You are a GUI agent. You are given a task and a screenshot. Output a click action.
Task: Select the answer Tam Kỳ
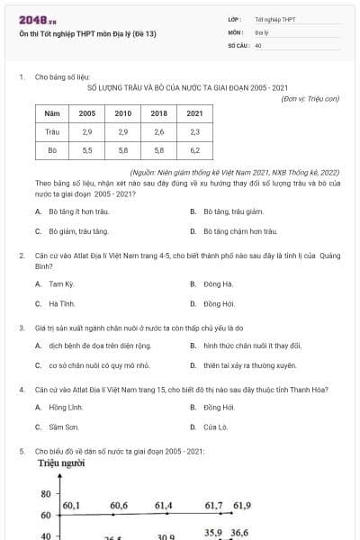click(61, 283)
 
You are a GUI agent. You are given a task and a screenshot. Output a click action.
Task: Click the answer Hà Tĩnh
click(61, 303)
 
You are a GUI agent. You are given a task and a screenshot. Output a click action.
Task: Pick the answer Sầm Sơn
click(62, 427)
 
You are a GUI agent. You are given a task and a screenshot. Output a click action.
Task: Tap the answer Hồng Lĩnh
click(63, 408)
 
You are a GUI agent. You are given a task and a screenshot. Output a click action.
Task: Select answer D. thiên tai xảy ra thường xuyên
click(244, 365)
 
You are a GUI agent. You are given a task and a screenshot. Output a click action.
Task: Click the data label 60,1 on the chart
click(71, 506)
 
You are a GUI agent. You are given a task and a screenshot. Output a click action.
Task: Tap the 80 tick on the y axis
click(45, 495)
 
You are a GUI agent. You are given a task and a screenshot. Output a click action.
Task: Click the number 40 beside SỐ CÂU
click(258, 44)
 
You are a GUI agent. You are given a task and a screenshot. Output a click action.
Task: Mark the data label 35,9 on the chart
click(212, 533)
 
